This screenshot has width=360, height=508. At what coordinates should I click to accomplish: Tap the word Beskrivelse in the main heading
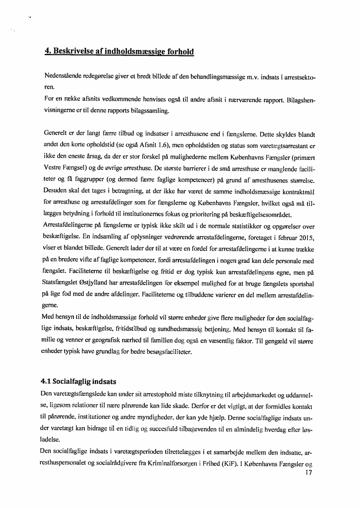(x=74, y=51)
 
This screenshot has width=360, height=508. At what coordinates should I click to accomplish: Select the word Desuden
(x=57, y=190)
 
